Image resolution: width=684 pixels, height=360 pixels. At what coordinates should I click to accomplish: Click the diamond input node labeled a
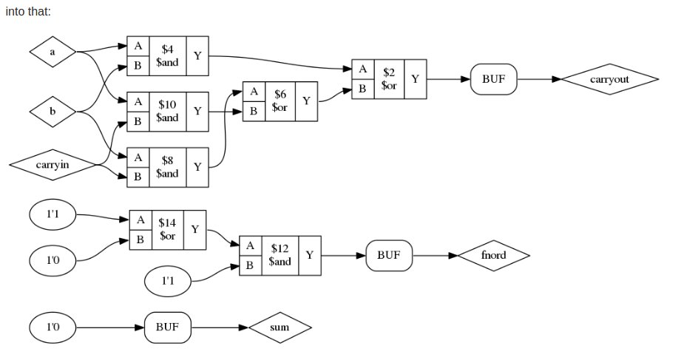click(x=53, y=52)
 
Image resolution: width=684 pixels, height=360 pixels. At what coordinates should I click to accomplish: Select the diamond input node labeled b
click(x=53, y=112)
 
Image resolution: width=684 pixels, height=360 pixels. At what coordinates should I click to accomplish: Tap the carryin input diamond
click(x=53, y=165)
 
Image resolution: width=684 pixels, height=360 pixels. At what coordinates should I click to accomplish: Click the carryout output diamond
click(x=609, y=79)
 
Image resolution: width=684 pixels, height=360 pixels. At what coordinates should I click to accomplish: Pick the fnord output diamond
click(x=493, y=255)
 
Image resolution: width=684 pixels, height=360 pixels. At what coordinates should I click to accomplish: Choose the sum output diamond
click(x=280, y=327)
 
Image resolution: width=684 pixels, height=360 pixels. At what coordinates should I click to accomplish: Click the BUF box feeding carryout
click(x=493, y=79)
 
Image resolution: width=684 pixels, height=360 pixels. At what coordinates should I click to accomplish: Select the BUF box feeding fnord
click(x=389, y=255)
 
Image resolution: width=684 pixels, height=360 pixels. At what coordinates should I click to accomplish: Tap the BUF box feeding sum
click(x=168, y=327)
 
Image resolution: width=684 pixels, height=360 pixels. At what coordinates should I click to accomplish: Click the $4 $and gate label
click(x=168, y=55)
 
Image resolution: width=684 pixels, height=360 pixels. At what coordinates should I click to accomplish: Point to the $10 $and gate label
click(x=168, y=111)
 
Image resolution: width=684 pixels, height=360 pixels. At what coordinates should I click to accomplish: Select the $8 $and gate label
click(x=168, y=167)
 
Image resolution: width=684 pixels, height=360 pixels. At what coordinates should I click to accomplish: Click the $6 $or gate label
click(x=280, y=101)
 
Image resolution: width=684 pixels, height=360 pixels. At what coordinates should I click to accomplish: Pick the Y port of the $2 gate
click(x=416, y=79)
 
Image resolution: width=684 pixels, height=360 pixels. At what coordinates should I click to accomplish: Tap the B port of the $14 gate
click(x=140, y=240)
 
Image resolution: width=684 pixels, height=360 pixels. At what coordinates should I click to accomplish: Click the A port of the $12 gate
click(x=251, y=246)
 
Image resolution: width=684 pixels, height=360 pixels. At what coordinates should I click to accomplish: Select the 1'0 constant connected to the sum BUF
click(x=53, y=327)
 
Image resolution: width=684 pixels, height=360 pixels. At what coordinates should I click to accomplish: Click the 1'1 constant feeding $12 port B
click(x=168, y=281)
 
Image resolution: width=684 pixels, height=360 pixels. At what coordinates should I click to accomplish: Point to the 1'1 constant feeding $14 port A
click(x=53, y=214)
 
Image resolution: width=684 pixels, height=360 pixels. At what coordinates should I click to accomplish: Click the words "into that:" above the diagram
click(x=28, y=11)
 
